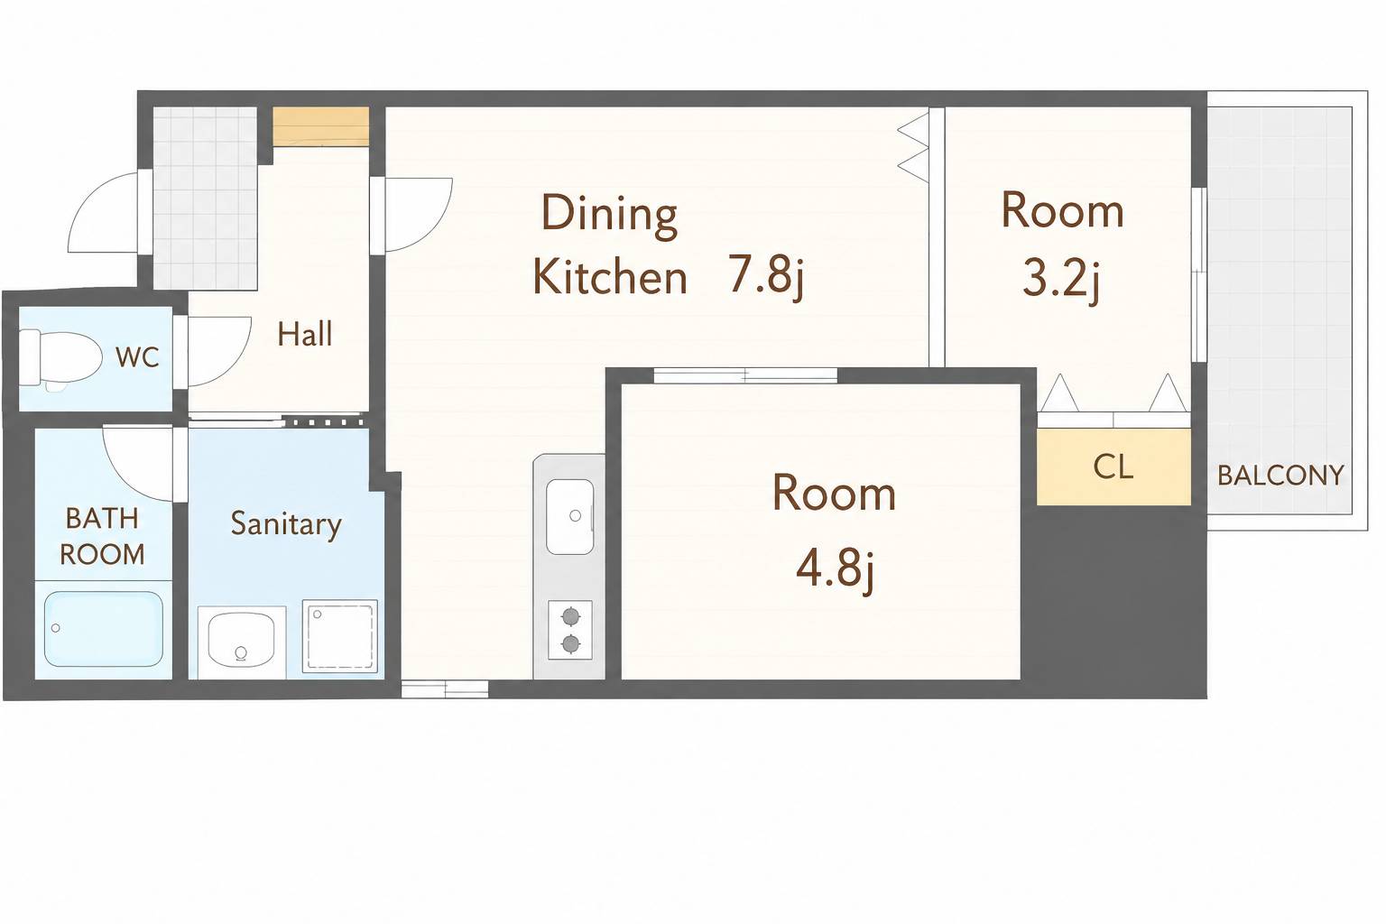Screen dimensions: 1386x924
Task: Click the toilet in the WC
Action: pyautogui.click(x=60, y=359)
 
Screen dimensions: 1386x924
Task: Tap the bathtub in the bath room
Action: pyautogui.click(x=104, y=629)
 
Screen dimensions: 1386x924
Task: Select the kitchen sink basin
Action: pyautogui.click(x=570, y=516)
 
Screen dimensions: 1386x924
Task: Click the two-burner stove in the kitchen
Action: pyautogui.click(x=570, y=630)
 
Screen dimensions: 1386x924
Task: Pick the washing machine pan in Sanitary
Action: pyautogui.click(x=339, y=635)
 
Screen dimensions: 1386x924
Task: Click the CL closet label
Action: pyautogui.click(x=1113, y=467)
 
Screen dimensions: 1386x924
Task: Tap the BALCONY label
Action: pyautogui.click(x=1280, y=476)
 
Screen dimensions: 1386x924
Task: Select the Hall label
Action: pyautogui.click(x=304, y=334)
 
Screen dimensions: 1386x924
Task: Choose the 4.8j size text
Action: pyautogui.click(x=835, y=570)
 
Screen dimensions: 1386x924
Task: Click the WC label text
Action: pyautogui.click(x=137, y=357)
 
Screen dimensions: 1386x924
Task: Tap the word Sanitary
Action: pyautogui.click(x=286, y=525)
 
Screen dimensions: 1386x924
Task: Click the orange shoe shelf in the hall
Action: pyautogui.click(x=321, y=127)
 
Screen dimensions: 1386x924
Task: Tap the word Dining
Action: pyautogui.click(x=609, y=216)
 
